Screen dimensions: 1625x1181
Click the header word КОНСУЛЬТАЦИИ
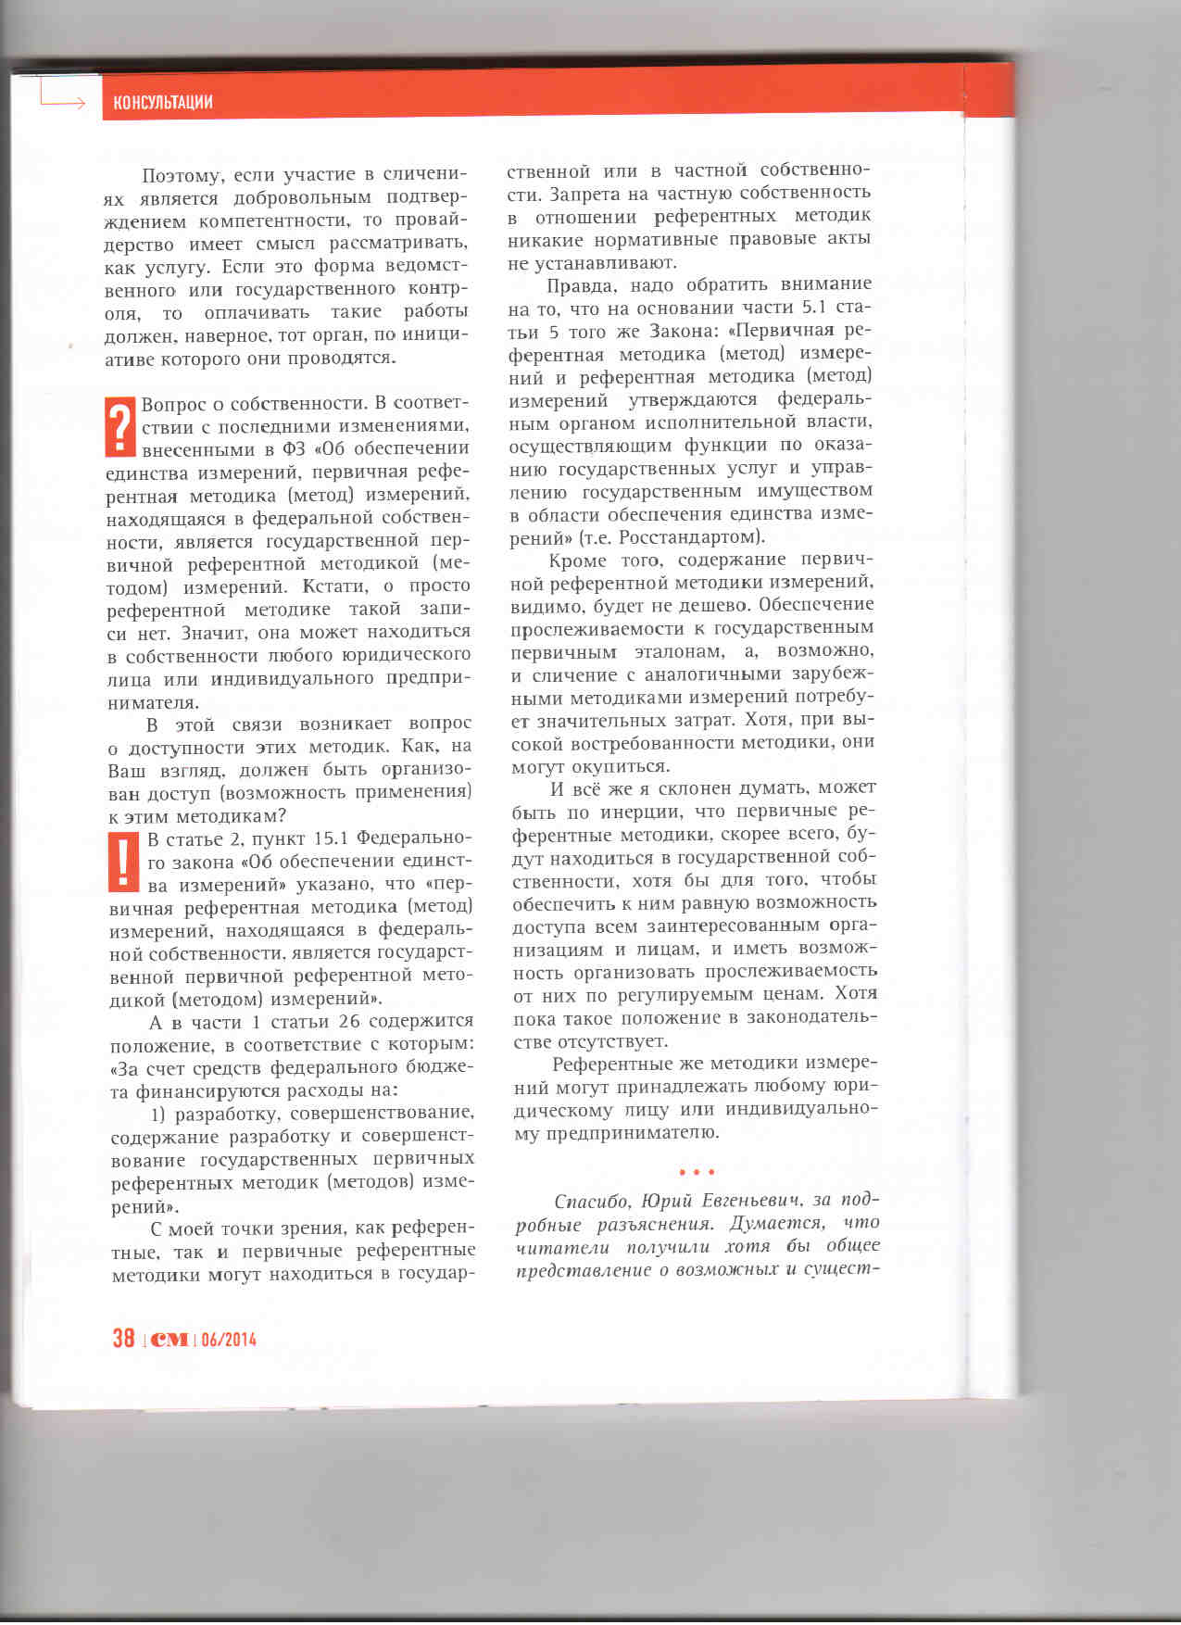pyautogui.click(x=163, y=102)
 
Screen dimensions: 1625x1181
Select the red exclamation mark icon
pyautogui.click(x=123, y=862)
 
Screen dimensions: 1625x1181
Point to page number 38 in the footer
pyautogui.click(x=123, y=1338)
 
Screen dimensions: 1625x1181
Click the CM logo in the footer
pyautogui.click(x=170, y=1339)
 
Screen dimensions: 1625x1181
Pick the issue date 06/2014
pyautogui.click(x=228, y=1339)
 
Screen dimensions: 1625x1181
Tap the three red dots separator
pyautogui.click(x=697, y=1172)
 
